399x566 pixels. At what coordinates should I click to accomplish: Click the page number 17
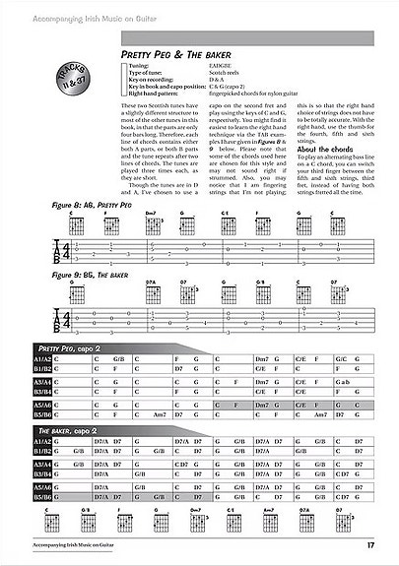[369, 546]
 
